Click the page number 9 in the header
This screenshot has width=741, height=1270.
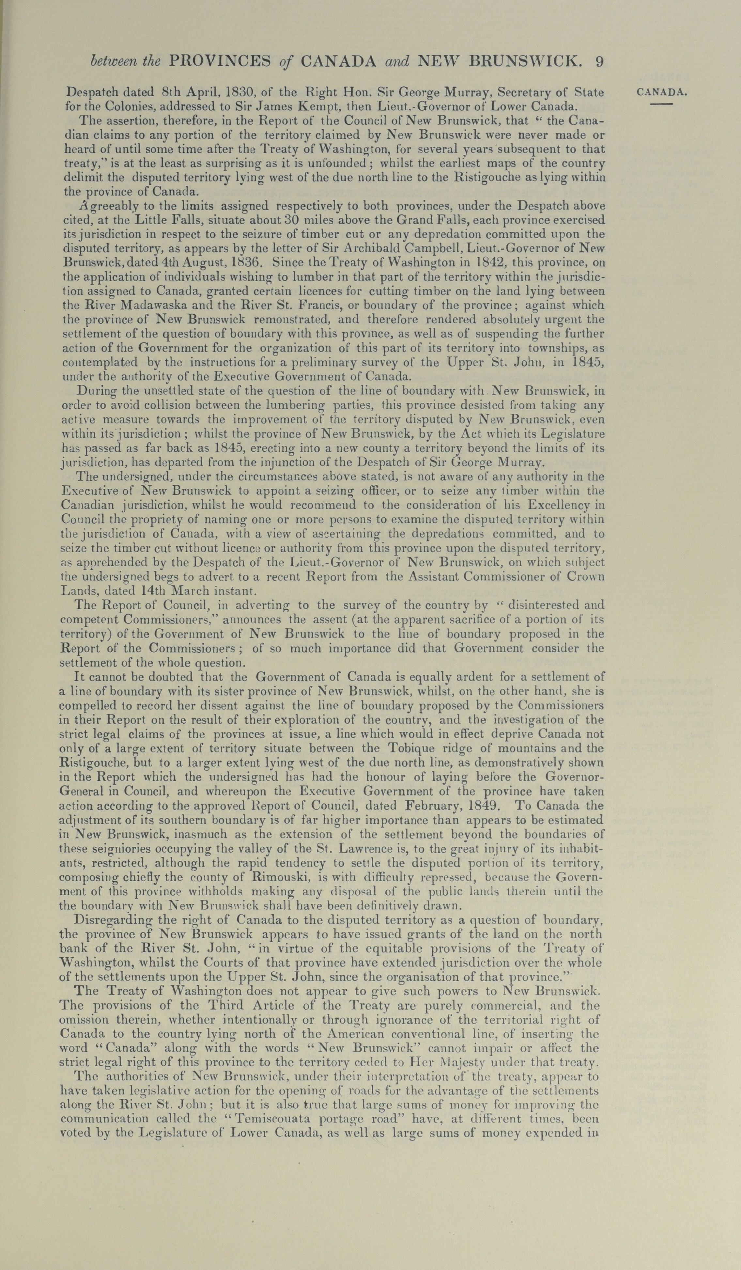point(598,61)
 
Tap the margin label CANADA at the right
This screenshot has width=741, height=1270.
point(662,92)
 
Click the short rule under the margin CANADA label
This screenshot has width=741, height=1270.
point(661,104)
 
